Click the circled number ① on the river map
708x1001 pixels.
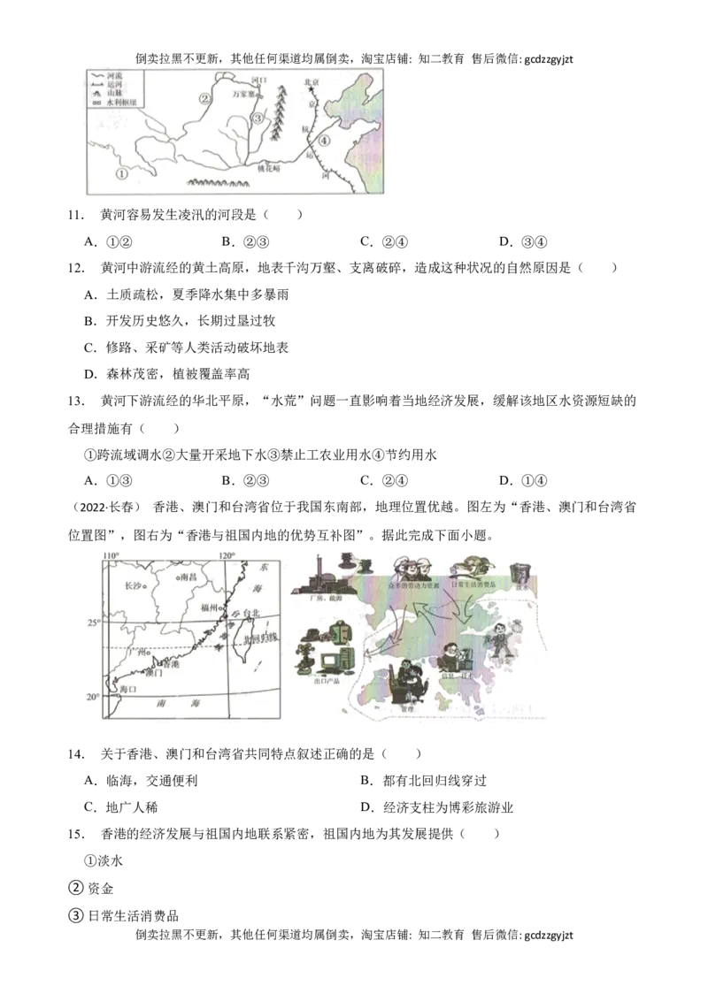(122, 174)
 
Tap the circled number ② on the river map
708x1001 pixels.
(204, 98)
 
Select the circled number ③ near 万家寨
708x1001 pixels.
(258, 118)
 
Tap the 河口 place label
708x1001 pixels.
(258, 80)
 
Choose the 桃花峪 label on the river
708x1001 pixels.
(268, 168)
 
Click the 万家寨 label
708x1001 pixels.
(243, 93)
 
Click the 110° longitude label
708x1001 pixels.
(111, 555)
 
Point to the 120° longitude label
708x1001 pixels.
(227, 555)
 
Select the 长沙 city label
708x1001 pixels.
(134, 585)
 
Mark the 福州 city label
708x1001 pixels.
(209, 608)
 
